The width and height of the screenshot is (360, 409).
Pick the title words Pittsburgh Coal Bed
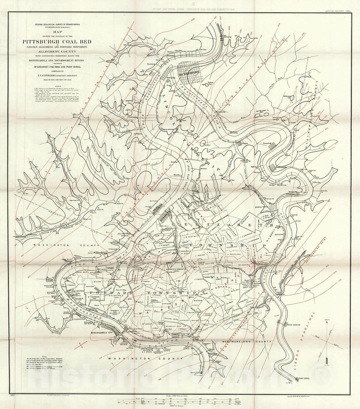(x=57, y=42)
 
